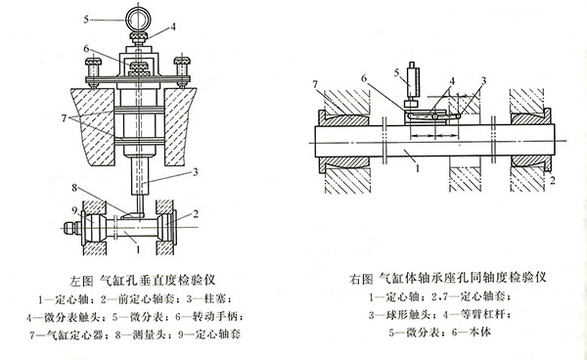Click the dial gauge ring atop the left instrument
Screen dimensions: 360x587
pos(133,17)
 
